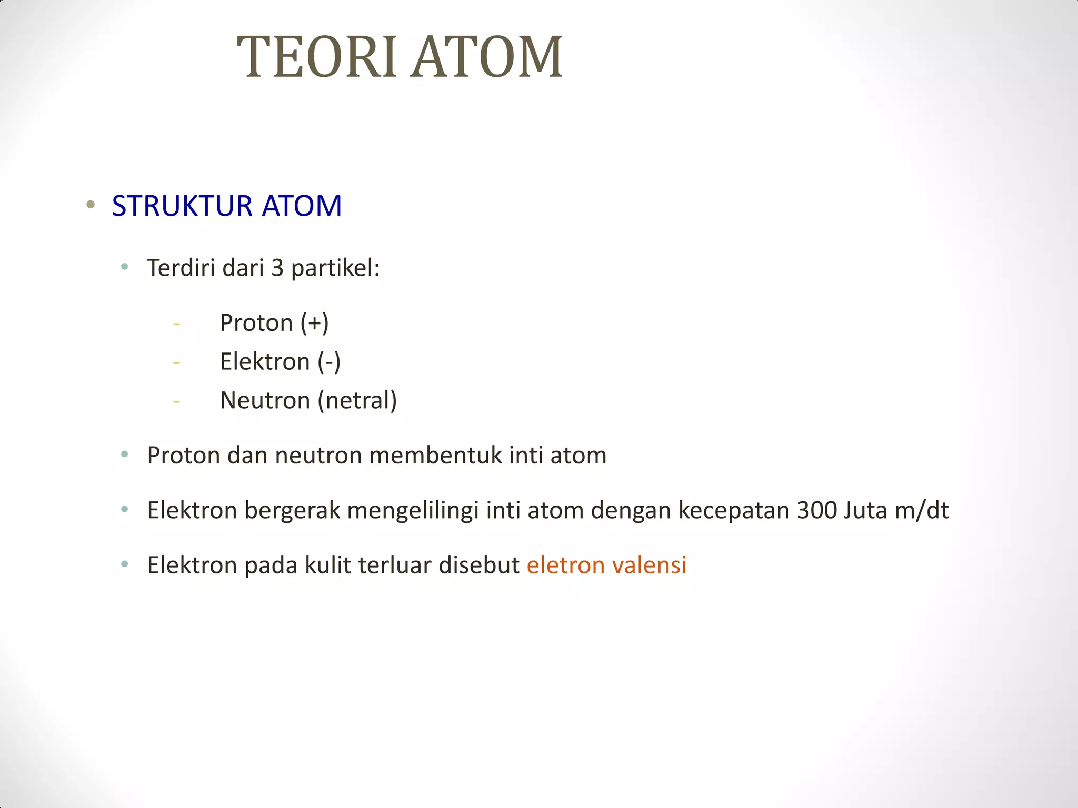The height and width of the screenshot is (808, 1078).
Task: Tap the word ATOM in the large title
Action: (487, 57)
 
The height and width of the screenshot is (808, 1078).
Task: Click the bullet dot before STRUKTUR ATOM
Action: (91, 205)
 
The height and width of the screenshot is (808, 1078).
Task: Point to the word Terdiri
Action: (181, 268)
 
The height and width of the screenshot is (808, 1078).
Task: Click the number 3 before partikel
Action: (277, 268)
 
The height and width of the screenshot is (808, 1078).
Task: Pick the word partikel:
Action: (335, 268)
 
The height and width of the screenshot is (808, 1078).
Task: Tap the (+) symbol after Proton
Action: (314, 323)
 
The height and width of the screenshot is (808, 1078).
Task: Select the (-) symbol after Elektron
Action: (329, 362)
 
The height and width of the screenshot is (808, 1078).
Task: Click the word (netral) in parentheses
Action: (357, 401)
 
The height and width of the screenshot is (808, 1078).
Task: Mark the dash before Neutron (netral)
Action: (176, 402)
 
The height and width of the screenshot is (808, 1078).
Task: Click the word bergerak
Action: (292, 511)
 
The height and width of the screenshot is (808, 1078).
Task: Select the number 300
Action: (816, 511)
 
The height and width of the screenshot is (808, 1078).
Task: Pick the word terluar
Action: (395, 565)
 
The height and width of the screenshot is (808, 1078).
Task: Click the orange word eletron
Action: (565, 565)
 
